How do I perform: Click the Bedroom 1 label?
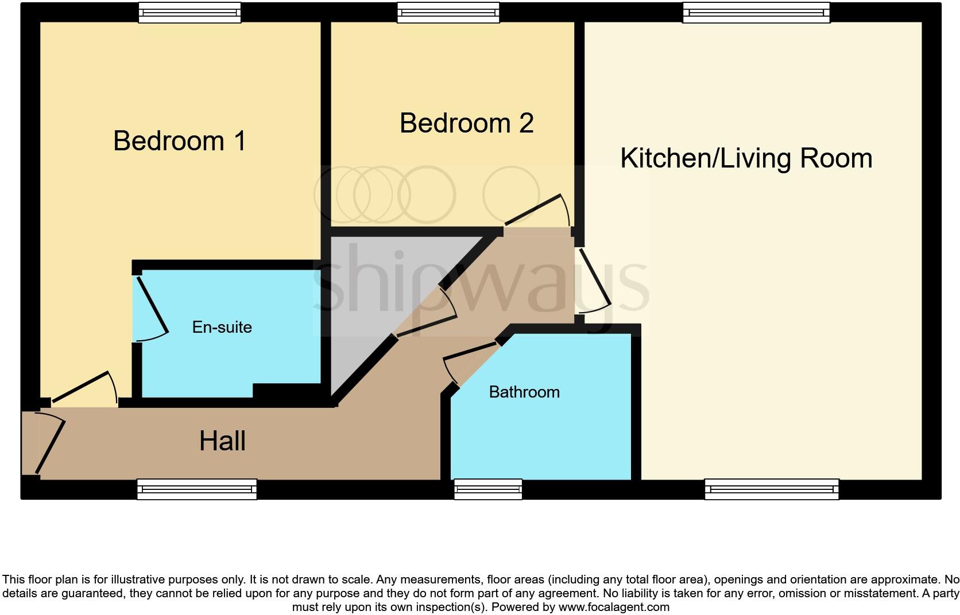tap(180, 141)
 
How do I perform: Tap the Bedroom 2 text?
tap(466, 123)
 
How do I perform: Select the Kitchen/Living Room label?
tap(746, 158)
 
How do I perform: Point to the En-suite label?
tap(222, 327)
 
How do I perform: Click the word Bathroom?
tap(524, 392)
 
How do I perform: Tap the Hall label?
tap(222, 441)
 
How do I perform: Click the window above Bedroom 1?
tap(189, 13)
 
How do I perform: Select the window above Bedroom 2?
tap(448, 13)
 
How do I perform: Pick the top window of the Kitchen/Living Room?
tap(756, 13)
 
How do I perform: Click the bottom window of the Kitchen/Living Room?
tap(772, 489)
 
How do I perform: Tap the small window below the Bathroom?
tap(488, 489)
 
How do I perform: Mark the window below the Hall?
tap(197, 489)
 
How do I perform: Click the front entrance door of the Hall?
tap(49, 443)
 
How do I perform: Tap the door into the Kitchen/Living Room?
tap(594, 278)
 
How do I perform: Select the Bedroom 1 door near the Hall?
tap(83, 387)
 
